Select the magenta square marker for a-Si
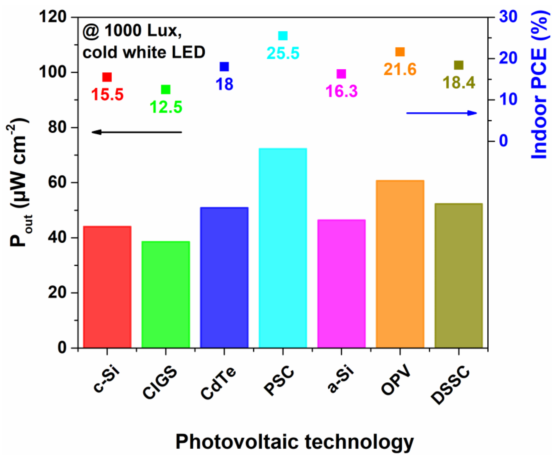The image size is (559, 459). tap(341, 74)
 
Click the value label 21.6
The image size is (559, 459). tap(400, 69)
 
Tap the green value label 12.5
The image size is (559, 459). tap(166, 107)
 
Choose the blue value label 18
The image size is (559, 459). tap(225, 84)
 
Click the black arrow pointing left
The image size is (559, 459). tap(136, 132)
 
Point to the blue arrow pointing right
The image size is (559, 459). tap(441, 113)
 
